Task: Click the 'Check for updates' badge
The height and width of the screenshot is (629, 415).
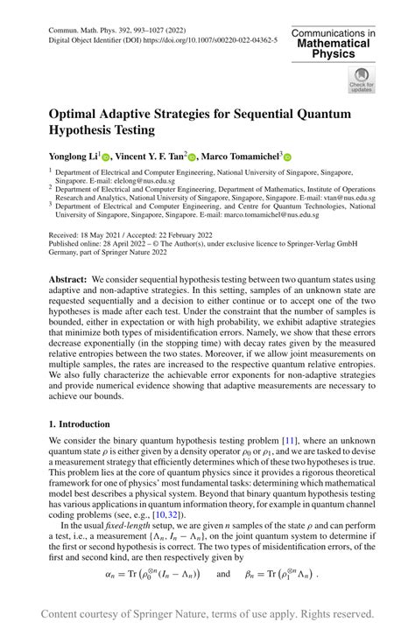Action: click(x=360, y=80)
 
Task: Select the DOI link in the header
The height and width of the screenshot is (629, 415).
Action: click(x=200, y=40)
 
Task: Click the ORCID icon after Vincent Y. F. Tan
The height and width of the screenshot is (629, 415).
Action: click(x=192, y=157)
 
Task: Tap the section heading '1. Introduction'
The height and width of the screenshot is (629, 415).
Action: click(x=80, y=424)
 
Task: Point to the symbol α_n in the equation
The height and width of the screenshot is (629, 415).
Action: click(x=111, y=574)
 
